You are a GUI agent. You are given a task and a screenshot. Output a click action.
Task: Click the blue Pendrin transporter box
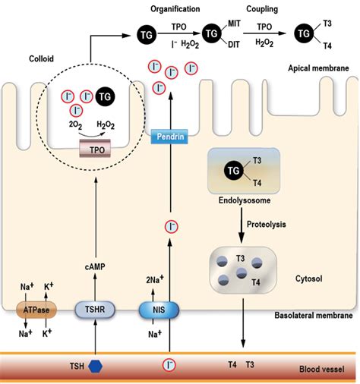click(x=169, y=137)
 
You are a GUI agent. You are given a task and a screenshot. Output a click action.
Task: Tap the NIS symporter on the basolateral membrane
click(x=159, y=310)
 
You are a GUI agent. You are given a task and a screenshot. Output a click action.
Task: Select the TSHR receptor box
click(x=95, y=310)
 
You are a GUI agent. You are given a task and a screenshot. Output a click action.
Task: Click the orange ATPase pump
click(x=36, y=310)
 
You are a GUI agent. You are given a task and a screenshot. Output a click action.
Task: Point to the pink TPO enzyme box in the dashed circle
click(x=95, y=149)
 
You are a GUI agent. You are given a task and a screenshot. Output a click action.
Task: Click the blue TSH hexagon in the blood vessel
click(x=96, y=366)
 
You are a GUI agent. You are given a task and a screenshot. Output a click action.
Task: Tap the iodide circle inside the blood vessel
click(x=169, y=365)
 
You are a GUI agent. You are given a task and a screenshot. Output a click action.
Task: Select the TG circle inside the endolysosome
click(x=233, y=171)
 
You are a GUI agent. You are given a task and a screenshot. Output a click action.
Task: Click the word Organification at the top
click(x=175, y=9)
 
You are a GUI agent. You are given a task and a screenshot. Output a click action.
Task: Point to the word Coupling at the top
click(x=262, y=9)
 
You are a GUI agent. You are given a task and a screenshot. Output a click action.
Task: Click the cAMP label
click(x=95, y=266)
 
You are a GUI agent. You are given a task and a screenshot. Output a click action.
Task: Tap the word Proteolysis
click(x=267, y=224)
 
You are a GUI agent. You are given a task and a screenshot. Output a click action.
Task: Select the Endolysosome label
click(x=245, y=200)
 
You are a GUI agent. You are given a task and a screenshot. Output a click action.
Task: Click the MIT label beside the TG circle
click(x=234, y=24)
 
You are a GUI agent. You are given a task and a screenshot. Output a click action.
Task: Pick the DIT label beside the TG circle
click(x=233, y=45)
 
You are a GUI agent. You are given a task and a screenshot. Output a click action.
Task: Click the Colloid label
click(x=41, y=58)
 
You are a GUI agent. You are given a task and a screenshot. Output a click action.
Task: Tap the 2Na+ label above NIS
click(x=155, y=279)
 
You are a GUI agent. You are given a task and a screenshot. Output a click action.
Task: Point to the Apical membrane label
click(x=318, y=68)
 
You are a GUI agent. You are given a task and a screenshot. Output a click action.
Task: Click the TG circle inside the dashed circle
click(x=105, y=96)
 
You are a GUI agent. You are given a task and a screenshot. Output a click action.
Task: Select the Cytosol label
click(x=309, y=279)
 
